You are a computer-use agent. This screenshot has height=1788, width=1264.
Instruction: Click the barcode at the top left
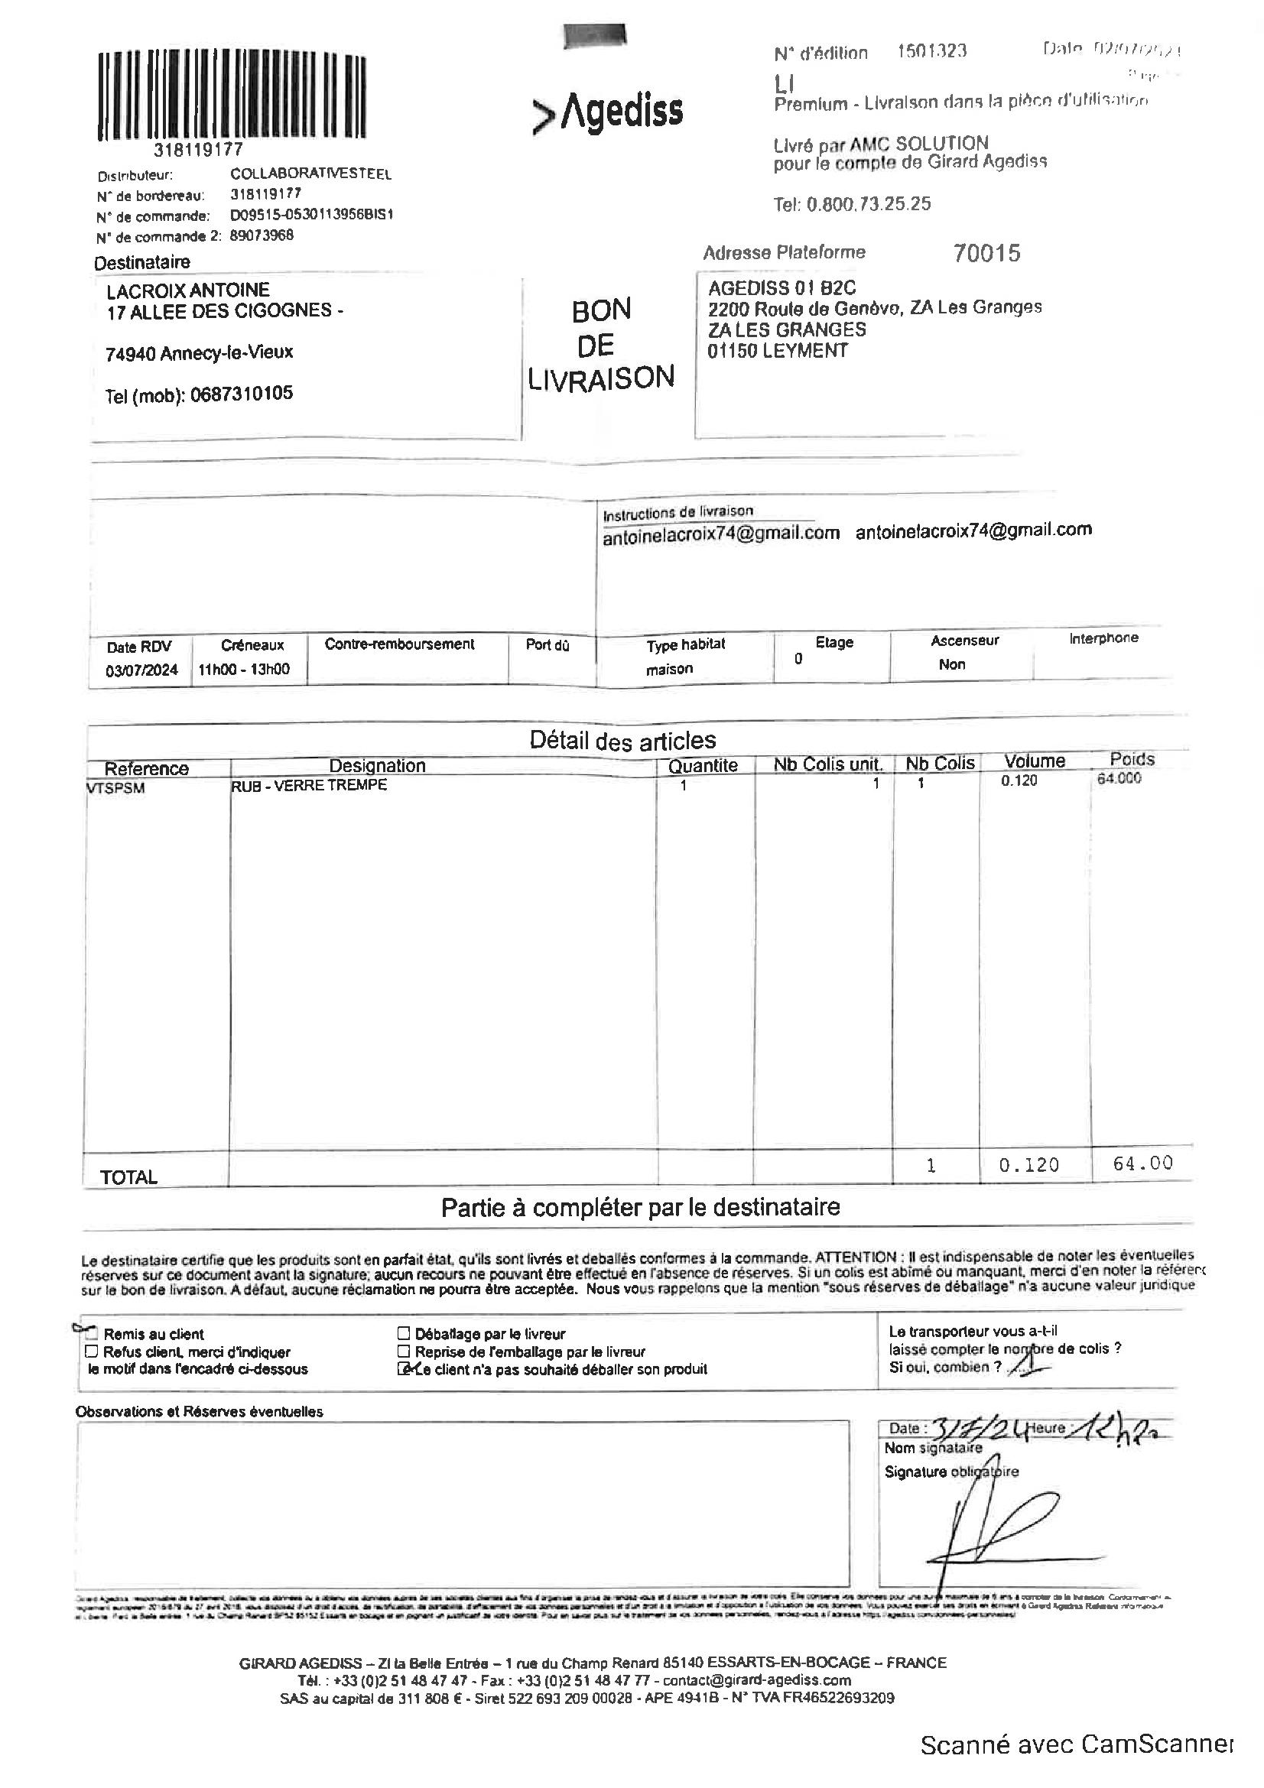[x=232, y=96]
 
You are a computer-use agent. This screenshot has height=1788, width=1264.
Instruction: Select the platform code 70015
[x=986, y=253]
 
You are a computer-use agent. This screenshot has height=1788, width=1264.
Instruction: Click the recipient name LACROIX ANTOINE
[x=187, y=290]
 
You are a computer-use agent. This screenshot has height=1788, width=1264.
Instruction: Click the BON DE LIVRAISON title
[x=600, y=344]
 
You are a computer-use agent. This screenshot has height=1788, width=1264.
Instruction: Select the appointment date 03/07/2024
[x=141, y=670]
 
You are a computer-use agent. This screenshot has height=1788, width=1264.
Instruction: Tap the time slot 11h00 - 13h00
[x=244, y=669]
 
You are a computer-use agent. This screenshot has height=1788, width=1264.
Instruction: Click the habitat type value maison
[x=669, y=669]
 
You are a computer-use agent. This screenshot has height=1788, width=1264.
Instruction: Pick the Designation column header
[x=377, y=765]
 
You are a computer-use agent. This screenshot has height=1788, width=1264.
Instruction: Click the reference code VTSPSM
[x=116, y=788]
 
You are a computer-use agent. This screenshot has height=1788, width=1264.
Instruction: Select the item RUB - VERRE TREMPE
[x=309, y=785]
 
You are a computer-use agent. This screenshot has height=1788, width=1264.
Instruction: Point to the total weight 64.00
[x=1142, y=1163]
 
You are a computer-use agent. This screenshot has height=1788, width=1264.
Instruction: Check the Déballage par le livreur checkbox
[x=404, y=1333]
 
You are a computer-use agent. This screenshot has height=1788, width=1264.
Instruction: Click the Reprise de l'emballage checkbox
[x=404, y=1351]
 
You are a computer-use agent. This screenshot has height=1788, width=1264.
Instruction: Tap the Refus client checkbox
[x=92, y=1351]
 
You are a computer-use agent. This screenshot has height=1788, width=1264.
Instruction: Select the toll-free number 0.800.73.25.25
[x=852, y=204]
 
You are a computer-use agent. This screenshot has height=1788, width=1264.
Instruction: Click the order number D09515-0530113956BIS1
[x=311, y=214]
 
